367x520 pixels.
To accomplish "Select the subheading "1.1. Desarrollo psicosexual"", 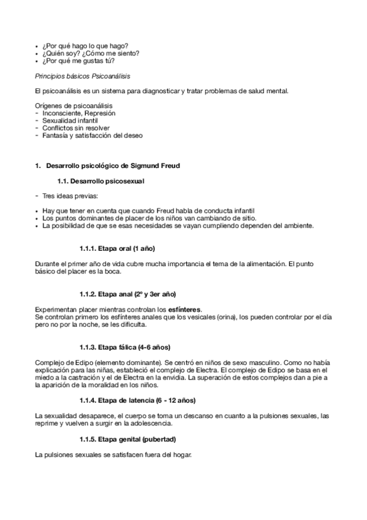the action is (101, 182).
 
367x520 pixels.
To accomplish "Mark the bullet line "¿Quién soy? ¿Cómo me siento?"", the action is (91, 53).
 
